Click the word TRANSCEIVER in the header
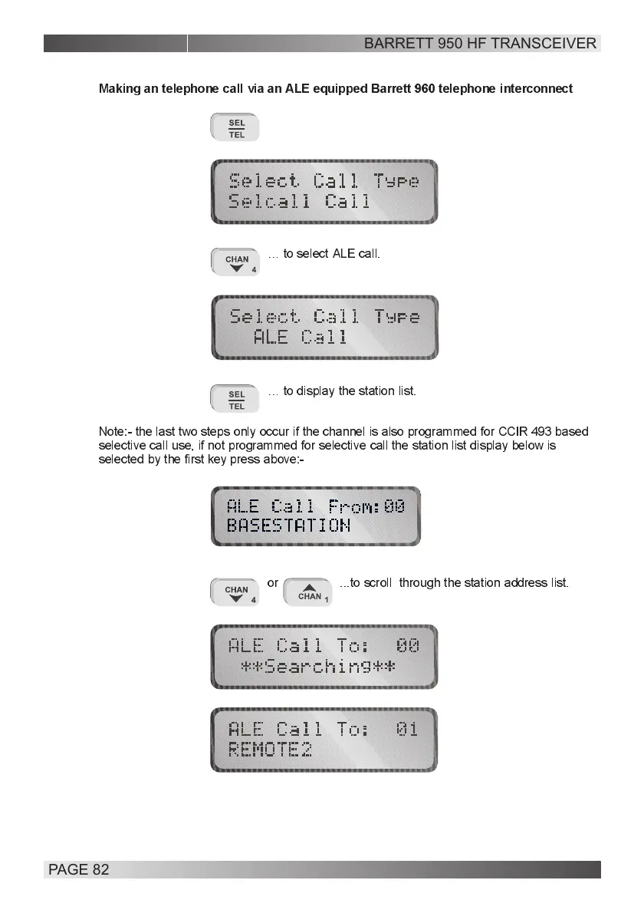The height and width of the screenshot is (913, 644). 544,43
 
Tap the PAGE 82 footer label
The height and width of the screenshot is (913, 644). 79,869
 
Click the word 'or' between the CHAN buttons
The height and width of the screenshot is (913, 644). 273,583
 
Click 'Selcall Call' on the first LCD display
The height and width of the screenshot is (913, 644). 300,202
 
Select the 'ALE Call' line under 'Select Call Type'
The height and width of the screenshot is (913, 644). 300,337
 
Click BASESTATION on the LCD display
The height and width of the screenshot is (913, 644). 288,526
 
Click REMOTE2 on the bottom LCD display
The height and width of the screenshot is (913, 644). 270,750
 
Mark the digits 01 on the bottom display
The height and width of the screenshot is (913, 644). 407,729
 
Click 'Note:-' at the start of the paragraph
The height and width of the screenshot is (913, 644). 115,432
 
